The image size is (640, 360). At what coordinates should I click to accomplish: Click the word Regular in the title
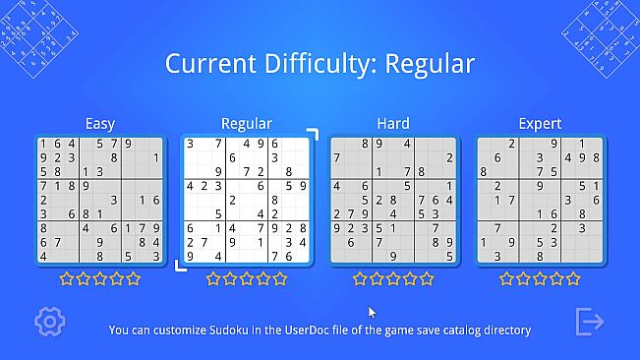coord(430,64)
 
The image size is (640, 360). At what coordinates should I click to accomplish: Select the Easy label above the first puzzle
coord(99,124)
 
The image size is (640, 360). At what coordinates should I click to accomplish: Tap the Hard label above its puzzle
coord(393,124)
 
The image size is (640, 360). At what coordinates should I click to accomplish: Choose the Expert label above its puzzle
coord(540,124)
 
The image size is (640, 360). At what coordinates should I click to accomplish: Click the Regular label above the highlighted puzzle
coord(247,124)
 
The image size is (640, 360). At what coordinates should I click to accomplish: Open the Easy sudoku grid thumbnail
coord(99,201)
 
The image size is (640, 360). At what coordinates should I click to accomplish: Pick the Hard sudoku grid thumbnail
coord(393,201)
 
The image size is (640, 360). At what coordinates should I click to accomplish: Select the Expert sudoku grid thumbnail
coord(540,201)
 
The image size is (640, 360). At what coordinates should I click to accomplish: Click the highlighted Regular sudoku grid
coord(247,201)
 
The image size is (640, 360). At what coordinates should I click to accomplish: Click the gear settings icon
coord(48,321)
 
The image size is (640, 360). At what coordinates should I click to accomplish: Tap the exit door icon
coord(590,321)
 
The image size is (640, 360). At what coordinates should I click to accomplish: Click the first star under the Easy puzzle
coord(67,279)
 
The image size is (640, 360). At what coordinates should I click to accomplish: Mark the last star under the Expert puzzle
coord(573,279)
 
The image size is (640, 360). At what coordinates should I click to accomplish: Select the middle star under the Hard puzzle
coord(393,279)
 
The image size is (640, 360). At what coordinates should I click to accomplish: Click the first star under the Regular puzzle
coord(213,279)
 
